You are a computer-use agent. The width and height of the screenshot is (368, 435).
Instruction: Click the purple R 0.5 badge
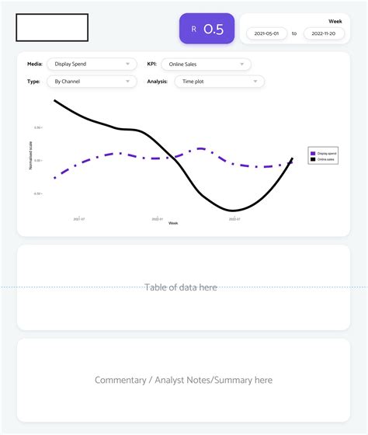pyautogui.click(x=207, y=29)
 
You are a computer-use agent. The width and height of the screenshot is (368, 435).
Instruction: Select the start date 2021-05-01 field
pyautogui.click(x=266, y=33)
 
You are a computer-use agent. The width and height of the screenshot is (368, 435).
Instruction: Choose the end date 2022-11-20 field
pyautogui.click(x=323, y=33)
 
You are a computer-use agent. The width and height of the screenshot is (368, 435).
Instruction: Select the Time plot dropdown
pyautogui.click(x=220, y=81)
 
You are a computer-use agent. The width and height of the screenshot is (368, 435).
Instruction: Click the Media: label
pyautogui.click(x=35, y=64)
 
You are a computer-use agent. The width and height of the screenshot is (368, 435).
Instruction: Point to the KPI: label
pyautogui.click(x=152, y=64)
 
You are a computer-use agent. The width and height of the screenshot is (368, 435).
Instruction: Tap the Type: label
pyautogui.click(x=33, y=81)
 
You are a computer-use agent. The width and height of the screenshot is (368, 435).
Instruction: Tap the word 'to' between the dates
pyautogui.click(x=294, y=33)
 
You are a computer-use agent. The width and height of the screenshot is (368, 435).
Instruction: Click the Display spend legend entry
pyautogui.click(x=325, y=154)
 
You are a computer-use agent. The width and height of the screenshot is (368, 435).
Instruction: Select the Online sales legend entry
pyautogui.click(x=325, y=159)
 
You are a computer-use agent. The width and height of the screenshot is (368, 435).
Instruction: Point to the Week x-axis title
pyautogui.click(x=173, y=224)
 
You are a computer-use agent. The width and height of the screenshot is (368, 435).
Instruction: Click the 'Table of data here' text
pyautogui.click(x=181, y=287)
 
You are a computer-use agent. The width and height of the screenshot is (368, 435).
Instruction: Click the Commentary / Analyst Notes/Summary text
pyautogui.click(x=183, y=380)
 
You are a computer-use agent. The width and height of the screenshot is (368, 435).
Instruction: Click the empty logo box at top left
pyautogui.click(x=52, y=27)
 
